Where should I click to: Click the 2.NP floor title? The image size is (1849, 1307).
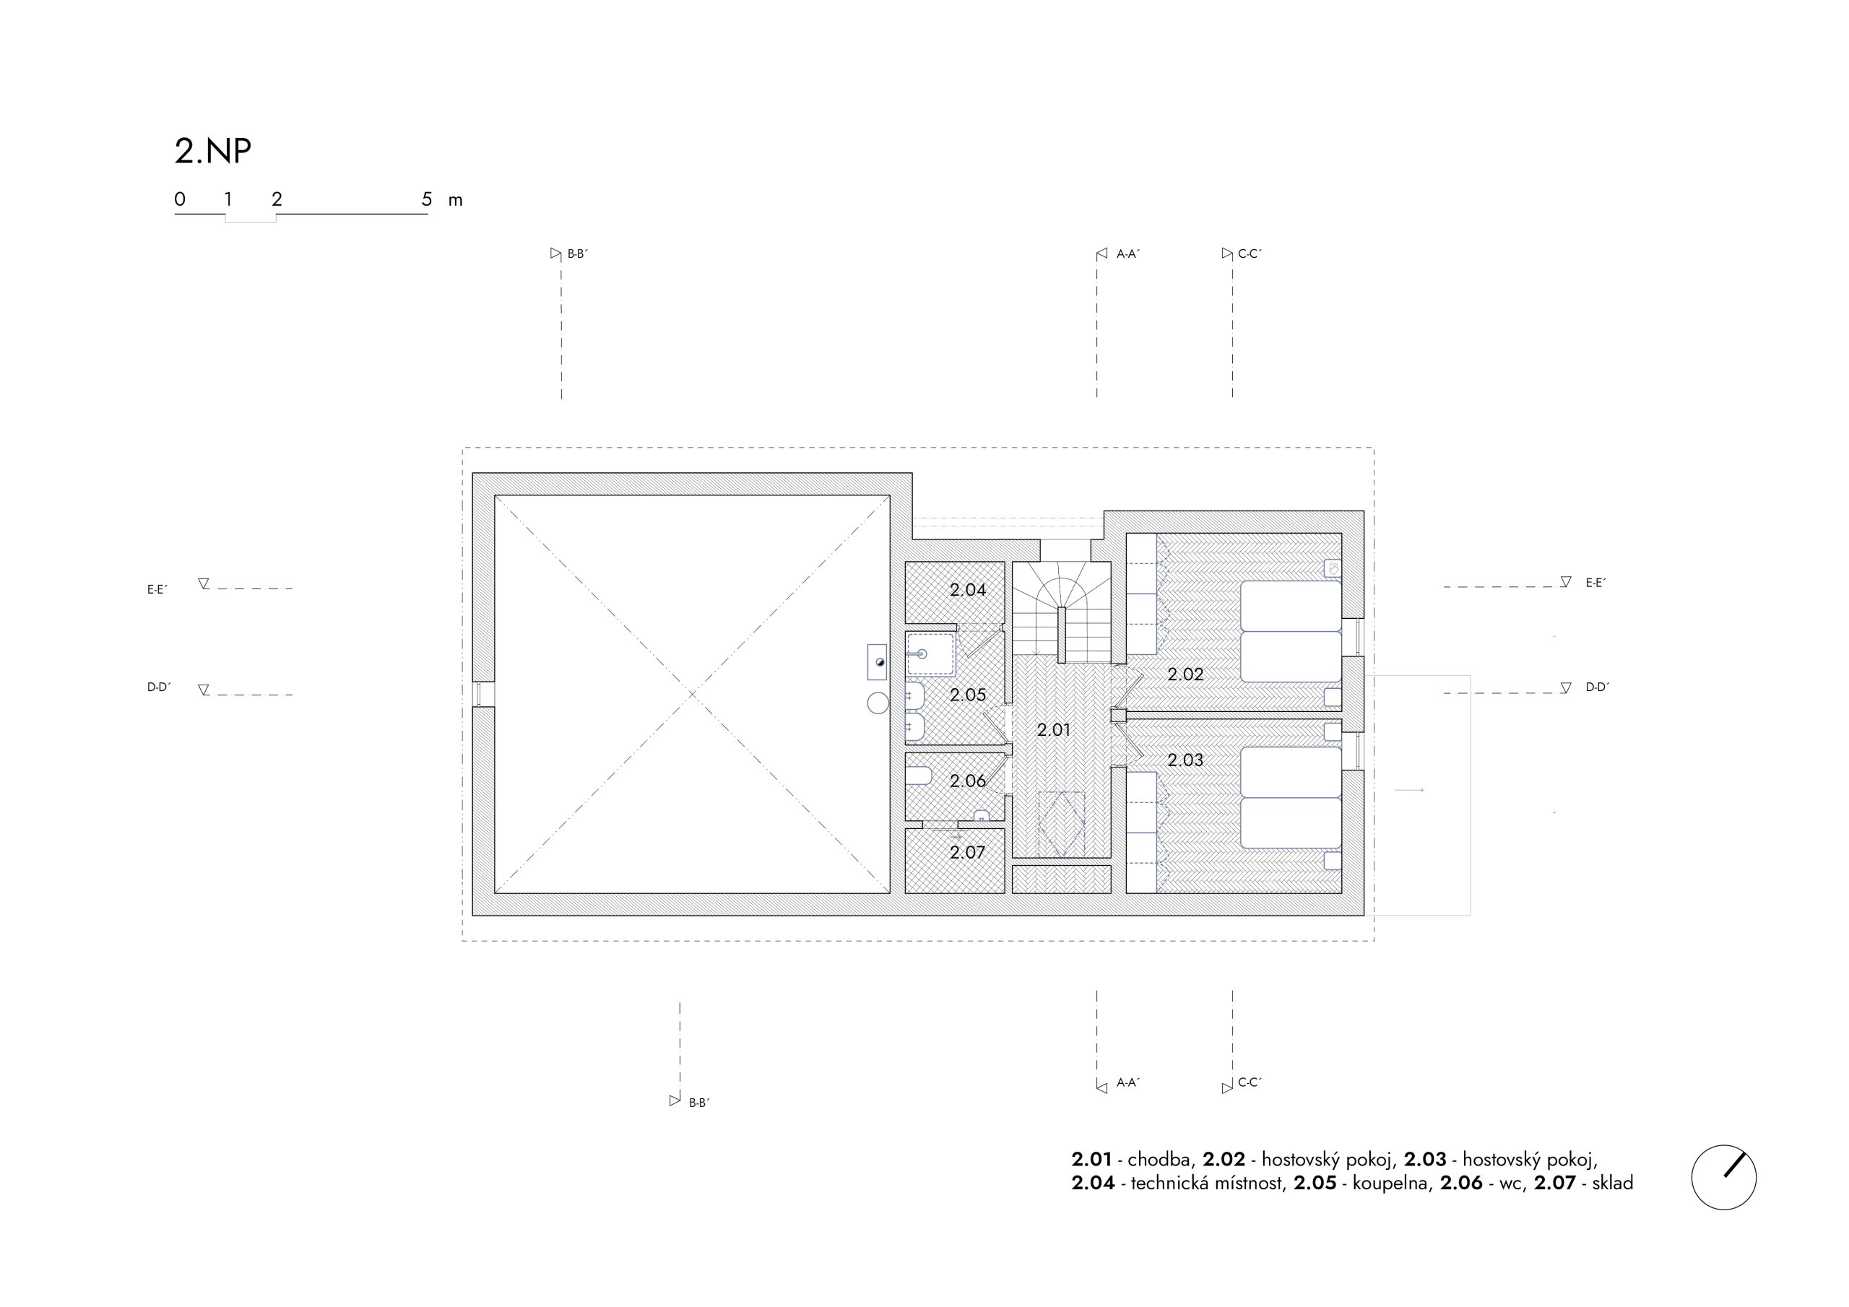tap(212, 152)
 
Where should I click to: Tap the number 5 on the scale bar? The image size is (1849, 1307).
tap(427, 199)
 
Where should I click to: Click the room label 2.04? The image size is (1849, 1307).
tap(967, 589)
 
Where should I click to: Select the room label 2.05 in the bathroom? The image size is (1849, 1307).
tap(967, 694)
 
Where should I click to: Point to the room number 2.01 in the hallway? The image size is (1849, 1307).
tap(1053, 729)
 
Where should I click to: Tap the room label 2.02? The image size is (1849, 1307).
tap(1185, 674)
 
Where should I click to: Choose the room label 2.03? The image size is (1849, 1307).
tap(1185, 760)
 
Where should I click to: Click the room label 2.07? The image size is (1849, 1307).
tap(967, 852)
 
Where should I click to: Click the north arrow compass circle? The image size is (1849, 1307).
tap(1723, 1177)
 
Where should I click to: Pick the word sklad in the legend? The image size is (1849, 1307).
tap(1612, 1183)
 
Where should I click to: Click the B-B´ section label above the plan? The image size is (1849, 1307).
tap(577, 253)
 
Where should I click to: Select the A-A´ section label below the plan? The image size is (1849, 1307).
tap(1128, 1083)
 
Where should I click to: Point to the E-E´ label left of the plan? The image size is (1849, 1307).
tap(157, 589)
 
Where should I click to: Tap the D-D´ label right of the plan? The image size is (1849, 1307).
tap(1597, 687)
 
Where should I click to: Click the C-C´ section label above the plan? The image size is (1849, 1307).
tap(1250, 253)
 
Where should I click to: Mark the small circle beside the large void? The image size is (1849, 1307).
tap(878, 703)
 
